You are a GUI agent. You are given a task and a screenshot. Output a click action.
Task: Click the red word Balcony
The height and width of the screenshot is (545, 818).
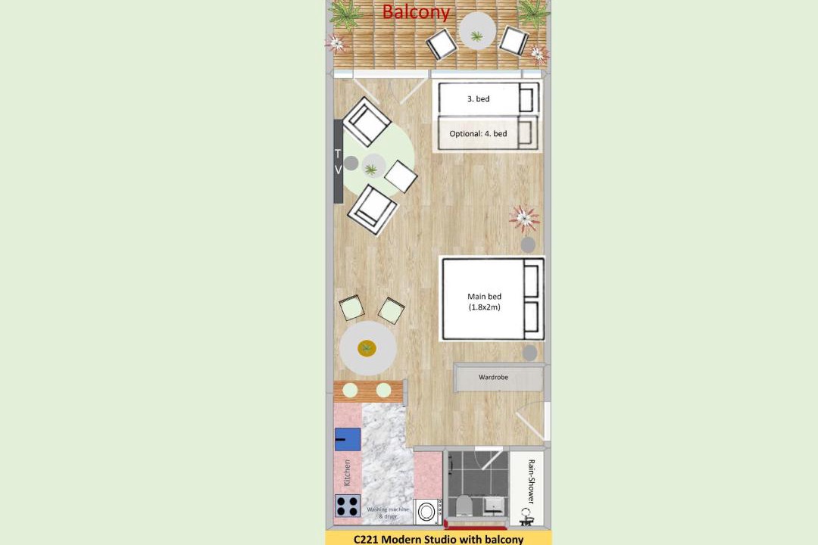pos(416,11)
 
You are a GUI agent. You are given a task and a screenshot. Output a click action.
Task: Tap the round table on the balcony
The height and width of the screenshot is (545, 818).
pos(477,31)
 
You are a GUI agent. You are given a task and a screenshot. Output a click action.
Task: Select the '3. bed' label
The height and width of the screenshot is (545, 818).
pos(479,98)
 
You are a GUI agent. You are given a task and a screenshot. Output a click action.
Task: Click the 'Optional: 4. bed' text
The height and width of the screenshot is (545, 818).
pos(478,133)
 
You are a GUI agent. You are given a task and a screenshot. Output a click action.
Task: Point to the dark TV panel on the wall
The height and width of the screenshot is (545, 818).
pos(338,161)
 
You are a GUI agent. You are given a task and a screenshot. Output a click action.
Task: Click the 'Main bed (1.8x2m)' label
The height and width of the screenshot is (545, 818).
pos(484,301)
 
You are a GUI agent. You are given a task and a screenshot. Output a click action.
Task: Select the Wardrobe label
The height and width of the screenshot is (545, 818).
pos(493,377)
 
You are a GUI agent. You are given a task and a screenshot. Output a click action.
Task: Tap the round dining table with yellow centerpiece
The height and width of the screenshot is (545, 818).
pos(368,348)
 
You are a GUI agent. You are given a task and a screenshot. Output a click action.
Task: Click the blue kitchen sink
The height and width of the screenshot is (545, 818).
pos(348,439)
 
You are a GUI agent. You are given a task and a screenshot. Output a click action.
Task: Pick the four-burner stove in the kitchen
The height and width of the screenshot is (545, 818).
pos(348,506)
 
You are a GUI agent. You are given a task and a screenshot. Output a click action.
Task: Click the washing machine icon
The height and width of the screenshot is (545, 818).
pos(427,512)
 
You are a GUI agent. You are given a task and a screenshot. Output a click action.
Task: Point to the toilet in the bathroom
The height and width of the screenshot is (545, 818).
pos(464,505)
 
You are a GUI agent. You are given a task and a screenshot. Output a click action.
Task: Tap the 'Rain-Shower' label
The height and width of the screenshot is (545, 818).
pos(531,481)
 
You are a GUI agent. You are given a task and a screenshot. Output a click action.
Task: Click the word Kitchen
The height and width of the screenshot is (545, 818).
pos(347,472)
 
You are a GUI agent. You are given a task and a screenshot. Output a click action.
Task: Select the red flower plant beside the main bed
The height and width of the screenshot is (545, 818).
pos(524,218)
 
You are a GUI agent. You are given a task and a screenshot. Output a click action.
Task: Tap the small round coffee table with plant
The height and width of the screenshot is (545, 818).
pos(373,166)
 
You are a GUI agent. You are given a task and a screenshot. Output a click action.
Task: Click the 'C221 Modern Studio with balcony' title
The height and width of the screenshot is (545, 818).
pos(439,539)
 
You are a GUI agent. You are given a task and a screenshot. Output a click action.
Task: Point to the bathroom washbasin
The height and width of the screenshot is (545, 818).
pos(493,504)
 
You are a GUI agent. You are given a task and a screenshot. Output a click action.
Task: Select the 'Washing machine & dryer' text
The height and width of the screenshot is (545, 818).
pos(388,512)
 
